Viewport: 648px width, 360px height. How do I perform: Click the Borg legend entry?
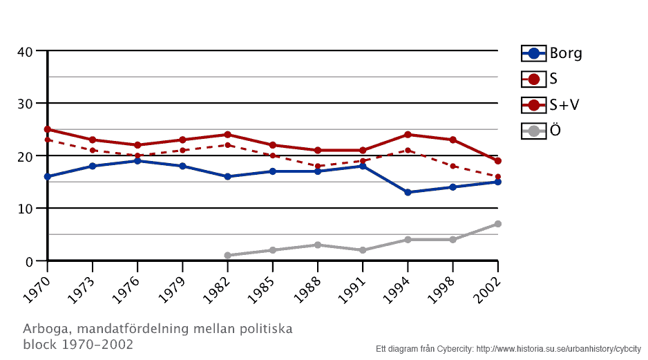click(551, 53)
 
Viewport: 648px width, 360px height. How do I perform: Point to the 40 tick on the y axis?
click(25, 51)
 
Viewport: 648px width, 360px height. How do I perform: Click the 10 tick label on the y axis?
click(25, 209)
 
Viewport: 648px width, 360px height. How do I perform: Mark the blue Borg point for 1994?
click(408, 192)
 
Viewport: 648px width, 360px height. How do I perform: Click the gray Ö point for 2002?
click(497, 224)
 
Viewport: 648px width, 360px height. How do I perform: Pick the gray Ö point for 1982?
click(227, 256)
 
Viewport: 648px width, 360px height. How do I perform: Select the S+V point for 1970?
click(48, 129)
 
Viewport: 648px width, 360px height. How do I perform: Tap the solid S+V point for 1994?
click(408, 135)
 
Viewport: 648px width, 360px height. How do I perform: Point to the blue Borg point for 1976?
click(137, 161)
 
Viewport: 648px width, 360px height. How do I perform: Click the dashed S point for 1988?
click(318, 166)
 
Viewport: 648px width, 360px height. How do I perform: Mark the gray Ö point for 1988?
click(318, 245)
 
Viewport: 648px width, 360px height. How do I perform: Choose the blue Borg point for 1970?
click(48, 177)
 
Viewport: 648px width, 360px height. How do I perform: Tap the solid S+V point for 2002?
click(497, 161)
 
